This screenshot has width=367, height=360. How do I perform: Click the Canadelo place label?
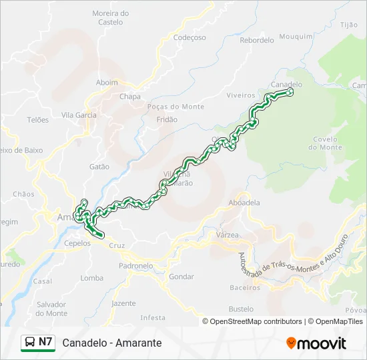pyautogui.click(x=286, y=85)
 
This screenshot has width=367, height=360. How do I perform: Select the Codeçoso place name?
pyautogui.click(x=190, y=38)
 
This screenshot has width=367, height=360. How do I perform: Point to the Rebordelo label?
pyautogui.click(x=257, y=40)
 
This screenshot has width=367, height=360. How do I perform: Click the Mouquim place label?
pyautogui.click(x=296, y=37)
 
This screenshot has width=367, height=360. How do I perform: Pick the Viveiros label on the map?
pyautogui.click(x=241, y=95)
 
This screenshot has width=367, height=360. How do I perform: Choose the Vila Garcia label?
pyautogui.click(x=79, y=115)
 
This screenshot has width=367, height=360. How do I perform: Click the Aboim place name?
pyautogui.click(x=107, y=83)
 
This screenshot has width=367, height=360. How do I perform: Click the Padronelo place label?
pyautogui.click(x=135, y=265)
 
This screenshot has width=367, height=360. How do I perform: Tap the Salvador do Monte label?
pyautogui.click(x=52, y=309)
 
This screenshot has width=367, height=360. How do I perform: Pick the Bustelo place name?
pyautogui.click(x=241, y=309)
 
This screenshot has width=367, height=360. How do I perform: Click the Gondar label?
pyautogui.click(x=181, y=276)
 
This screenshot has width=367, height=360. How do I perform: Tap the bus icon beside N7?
pyautogui.click(x=30, y=343)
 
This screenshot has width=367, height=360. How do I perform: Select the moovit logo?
pyautogui.click(x=316, y=343)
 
